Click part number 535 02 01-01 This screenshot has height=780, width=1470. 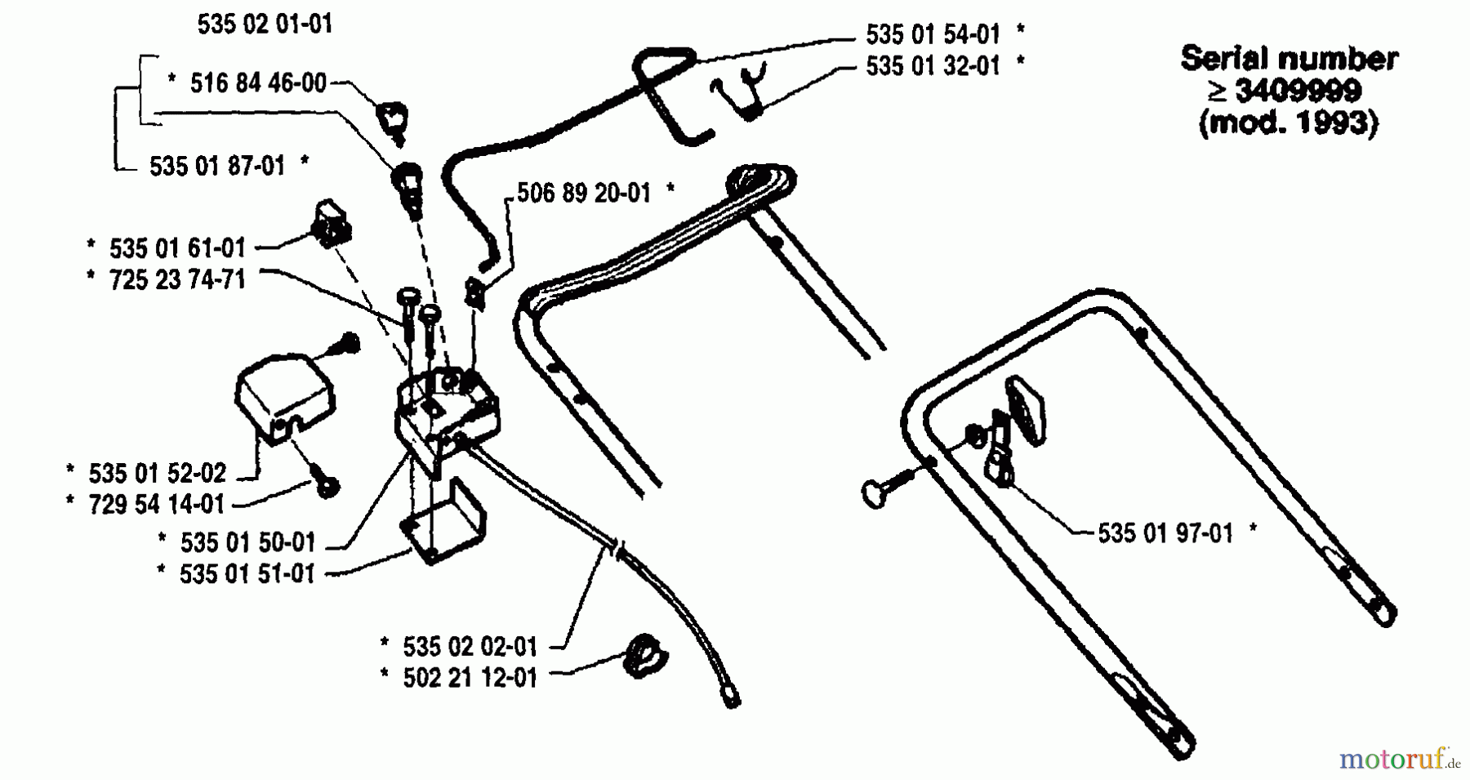[265, 24]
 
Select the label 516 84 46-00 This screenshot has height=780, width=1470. [257, 82]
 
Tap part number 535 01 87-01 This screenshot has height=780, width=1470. [216, 166]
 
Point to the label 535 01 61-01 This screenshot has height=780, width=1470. [176, 247]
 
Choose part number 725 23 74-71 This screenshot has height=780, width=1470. [176, 279]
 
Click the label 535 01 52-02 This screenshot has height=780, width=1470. [157, 473]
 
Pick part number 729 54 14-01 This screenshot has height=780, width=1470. [156, 504]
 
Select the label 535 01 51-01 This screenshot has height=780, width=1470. [247, 573]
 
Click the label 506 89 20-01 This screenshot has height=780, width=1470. [584, 194]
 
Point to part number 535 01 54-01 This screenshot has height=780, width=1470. [933, 33]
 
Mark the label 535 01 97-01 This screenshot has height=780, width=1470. [1165, 533]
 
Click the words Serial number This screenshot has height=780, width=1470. [1289, 59]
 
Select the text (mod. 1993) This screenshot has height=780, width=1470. [1288, 123]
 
